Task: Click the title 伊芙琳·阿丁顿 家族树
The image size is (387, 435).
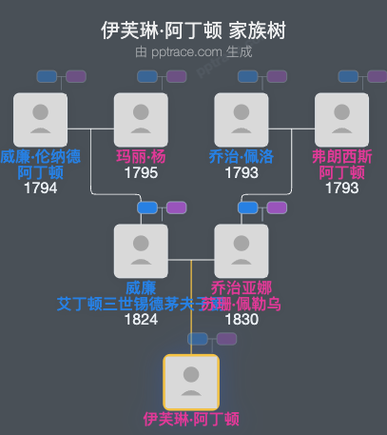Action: (193, 30)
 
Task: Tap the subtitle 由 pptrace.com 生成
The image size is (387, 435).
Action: (193, 51)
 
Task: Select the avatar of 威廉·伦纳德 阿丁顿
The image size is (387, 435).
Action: (40, 119)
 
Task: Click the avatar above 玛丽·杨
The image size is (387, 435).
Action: (141, 119)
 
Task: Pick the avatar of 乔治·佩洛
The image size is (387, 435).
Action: (242, 119)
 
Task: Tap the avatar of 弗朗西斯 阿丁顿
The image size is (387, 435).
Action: (342, 119)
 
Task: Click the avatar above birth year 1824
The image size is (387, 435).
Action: (141, 250)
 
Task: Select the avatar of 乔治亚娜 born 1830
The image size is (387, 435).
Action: (242, 250)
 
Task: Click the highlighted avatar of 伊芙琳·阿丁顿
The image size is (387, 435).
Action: (191, 382)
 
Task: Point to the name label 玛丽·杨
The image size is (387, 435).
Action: (141, 157)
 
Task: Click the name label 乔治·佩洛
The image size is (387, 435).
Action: (242, 157)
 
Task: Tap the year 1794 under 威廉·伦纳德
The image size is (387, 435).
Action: (40, 188)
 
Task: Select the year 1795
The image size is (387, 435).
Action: (141, 173)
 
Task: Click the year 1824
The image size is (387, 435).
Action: (141, 319)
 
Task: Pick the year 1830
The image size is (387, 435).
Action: (242, 319)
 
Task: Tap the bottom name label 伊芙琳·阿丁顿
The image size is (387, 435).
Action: (191, 419)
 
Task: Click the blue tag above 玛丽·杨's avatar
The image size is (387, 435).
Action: (147, 76)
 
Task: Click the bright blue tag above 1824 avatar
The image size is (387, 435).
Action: (147, 208)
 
